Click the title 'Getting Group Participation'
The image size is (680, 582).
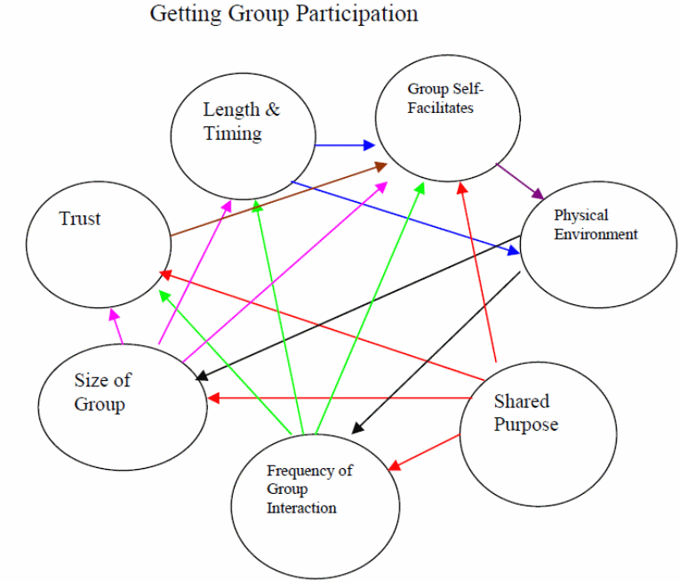tap(283, 14)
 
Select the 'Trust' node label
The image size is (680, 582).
tap(80, 219)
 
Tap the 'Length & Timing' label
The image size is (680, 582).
tap(241, 122)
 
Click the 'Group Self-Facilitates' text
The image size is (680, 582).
tap(441, 98)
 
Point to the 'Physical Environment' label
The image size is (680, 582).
tap(596, 225)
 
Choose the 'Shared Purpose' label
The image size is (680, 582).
tap(525, 413)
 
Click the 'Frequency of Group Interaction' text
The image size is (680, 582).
tap(308, 489)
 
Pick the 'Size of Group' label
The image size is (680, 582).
tap(102, 392)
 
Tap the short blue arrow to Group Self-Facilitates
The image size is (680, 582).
tap(345, 144)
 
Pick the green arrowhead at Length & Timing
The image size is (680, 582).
tap(256, 206)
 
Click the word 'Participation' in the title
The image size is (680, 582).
tap(363, 14)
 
